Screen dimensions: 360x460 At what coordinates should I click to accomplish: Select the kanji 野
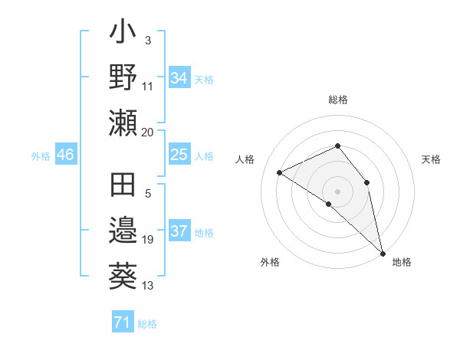pos(123,77)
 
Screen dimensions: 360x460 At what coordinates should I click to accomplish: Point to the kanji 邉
pos(123,231)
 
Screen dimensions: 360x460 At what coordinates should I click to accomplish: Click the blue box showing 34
pos(179,78)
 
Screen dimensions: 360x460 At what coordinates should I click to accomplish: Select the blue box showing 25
pos(179,155)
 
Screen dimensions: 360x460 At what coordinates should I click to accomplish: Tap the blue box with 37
pos(179,231)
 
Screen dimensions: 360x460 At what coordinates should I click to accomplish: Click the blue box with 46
pos(65,155)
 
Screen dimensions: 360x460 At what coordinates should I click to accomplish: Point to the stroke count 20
pos(148,132)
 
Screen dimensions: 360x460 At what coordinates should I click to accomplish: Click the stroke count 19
pos(148,240)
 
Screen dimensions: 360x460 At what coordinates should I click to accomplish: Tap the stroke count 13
pos(148,286)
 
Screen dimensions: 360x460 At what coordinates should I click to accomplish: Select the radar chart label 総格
pos(338,100)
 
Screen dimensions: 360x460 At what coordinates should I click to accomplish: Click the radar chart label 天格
pos(432,159)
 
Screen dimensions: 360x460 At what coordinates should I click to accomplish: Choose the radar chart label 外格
pos(270,262)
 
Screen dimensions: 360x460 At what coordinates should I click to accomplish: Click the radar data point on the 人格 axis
pos(280,172)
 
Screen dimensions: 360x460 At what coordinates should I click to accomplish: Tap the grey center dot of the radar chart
pos(338,191)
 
